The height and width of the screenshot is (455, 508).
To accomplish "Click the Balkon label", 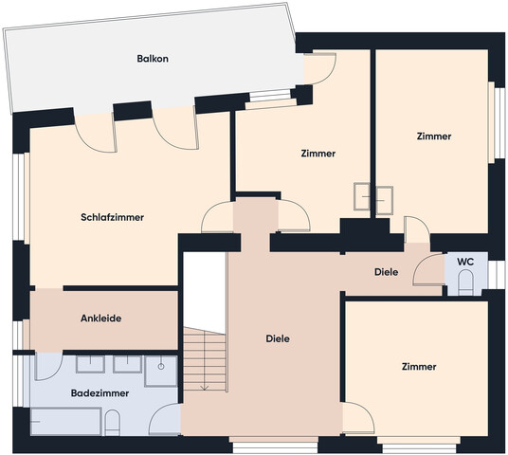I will [x=151, y=59].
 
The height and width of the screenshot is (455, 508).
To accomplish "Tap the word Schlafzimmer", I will [x=112, y=217].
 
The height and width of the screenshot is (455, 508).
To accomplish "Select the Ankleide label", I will [x=100, y=318].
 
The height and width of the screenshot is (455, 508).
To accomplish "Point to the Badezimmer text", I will [x=99, y=391].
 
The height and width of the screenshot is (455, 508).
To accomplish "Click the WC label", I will [x=465, y=262].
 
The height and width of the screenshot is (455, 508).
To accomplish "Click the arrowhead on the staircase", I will [x=205, y=387].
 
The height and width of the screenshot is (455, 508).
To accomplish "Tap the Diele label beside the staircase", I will [x=277, y=338].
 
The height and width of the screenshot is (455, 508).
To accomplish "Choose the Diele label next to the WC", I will [x=386, y=272].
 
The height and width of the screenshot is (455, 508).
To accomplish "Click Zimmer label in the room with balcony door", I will [x=318, y=154].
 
